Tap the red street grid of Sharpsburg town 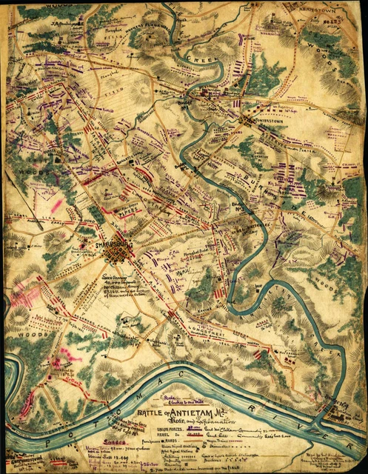coord(116,253)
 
